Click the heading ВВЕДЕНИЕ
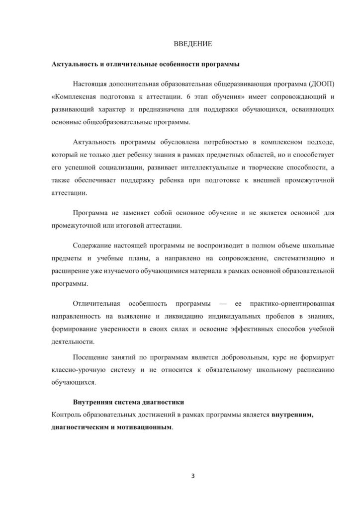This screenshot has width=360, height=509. click(193, 45)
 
